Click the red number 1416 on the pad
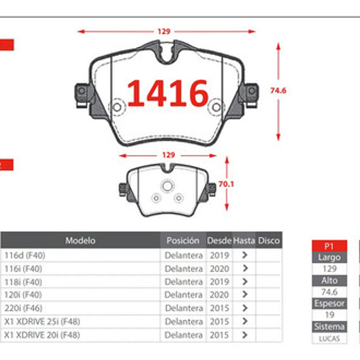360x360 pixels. tap(168, 92)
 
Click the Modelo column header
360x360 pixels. tap(80, 240)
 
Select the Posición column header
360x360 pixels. tap(183, 240)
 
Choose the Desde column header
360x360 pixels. tap(219, 240)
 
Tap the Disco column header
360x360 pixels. tap(269, 240)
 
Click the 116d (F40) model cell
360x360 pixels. tap(25, 255)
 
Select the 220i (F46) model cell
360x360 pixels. tap(24, 308)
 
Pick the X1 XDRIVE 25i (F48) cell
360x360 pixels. tap(42, 321)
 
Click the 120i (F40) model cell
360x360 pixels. tap(24, 295)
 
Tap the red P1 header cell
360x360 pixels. tap(329, 246)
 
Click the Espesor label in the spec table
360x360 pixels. tap(329, 304)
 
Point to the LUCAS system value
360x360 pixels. tap(329, 338)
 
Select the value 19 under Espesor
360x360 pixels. tap(329, 315)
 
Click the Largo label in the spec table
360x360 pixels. tap(329, 258)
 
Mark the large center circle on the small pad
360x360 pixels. tap(167, 186)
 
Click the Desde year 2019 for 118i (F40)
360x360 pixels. tap(219, 281)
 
